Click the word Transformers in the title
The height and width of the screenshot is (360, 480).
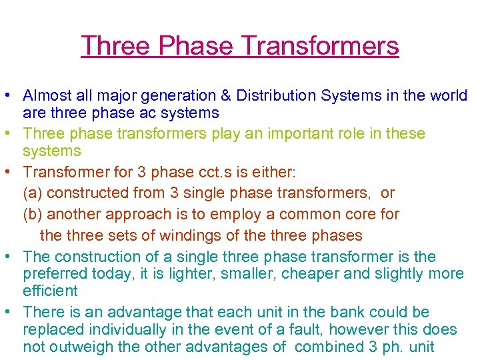[320, 46]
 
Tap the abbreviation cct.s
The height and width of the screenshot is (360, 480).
[211, 172]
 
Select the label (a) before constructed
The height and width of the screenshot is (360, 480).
[33, 193]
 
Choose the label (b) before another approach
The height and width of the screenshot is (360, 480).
[33, 215]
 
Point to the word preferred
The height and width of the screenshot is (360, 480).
[54, 274]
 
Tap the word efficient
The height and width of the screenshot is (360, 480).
[50, 291]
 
